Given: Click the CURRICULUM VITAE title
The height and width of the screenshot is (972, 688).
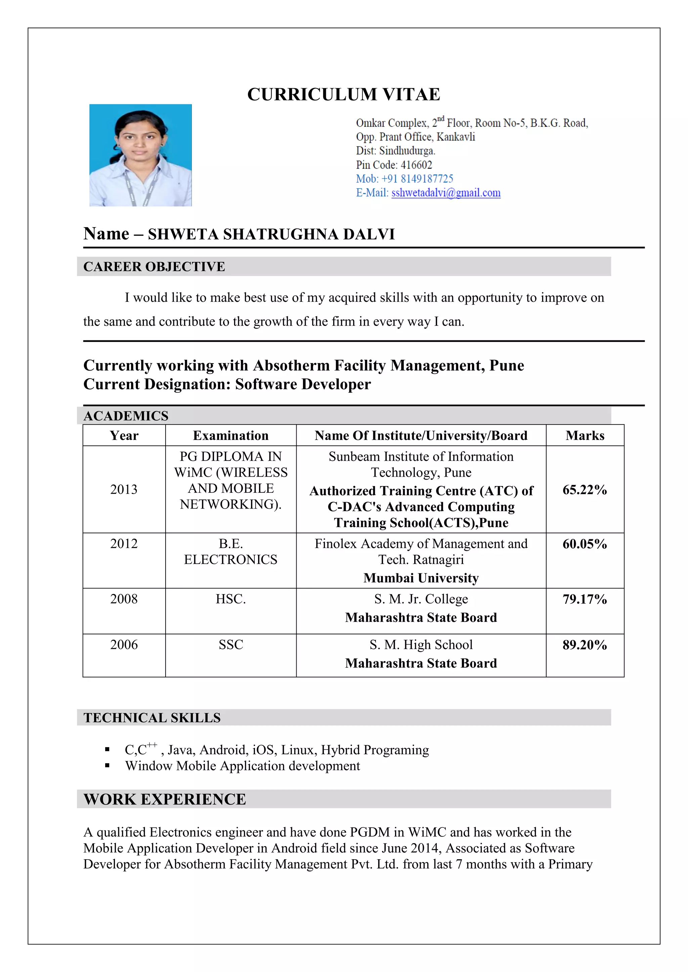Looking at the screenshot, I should pos(344,94).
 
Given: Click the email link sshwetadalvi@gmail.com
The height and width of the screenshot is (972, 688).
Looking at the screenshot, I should pos(446,193).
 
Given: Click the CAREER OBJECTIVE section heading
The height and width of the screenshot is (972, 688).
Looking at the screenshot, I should pos(154,267).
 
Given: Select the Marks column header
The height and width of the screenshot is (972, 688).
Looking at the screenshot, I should pos(585,436).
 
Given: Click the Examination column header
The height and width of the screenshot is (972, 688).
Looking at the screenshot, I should pos(230,436).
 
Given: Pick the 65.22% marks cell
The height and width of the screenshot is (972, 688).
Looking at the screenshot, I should pos(585,490).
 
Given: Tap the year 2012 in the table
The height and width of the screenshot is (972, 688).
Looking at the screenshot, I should pos(124,544).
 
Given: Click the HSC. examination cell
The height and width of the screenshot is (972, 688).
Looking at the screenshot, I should pos(230,599).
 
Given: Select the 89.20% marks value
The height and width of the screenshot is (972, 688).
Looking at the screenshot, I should pos(585,645).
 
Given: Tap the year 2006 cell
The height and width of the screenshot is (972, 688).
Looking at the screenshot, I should pos(124,645).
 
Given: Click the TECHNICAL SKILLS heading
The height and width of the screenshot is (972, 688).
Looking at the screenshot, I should pos(152,718).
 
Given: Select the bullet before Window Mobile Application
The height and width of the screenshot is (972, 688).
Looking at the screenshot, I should pos(107,766).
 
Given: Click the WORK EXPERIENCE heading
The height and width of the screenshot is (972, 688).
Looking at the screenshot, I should pos(165,799).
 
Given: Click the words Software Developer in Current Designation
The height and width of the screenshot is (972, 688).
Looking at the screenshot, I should pos(303,384).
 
